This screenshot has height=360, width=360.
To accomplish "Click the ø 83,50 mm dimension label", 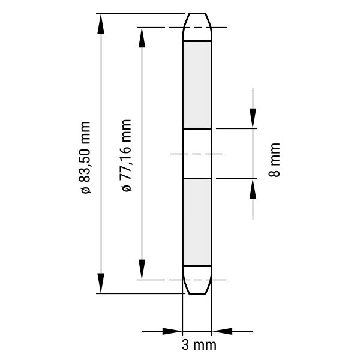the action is click(x=85, y=157).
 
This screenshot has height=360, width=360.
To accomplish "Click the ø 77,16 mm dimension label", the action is click(x=126, y=155).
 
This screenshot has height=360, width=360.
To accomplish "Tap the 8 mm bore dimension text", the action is click(x=274, y=160).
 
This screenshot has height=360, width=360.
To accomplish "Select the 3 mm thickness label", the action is click(x=199, y=345).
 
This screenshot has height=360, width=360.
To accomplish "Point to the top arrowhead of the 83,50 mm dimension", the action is click(x=101, y=23).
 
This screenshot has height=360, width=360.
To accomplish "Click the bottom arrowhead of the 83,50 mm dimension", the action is click(x=101, y=283).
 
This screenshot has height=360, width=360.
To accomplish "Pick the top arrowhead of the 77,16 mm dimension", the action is click(x=142, y=37).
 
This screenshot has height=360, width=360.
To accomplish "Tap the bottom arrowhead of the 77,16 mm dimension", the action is click(x=142, y=269).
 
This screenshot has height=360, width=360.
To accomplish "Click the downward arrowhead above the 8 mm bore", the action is click(x=253, y=118).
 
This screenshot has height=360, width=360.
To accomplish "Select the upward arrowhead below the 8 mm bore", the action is click(x=253, y=188).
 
